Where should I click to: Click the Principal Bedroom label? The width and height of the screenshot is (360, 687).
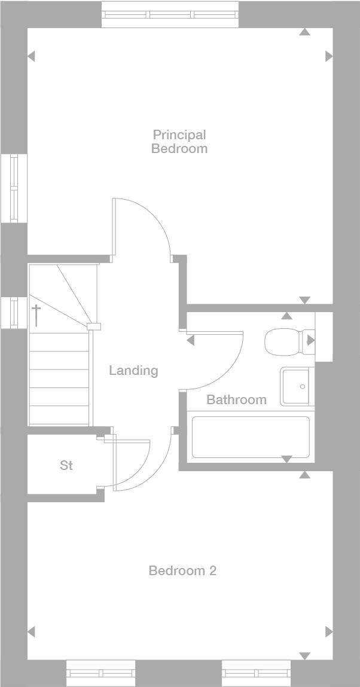[x=179, y=142]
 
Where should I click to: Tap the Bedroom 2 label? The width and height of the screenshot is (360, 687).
[x=182, y=571]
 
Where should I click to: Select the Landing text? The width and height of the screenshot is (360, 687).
[x=133, y=371]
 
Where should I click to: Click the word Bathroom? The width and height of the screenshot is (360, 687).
[x=236, y=400]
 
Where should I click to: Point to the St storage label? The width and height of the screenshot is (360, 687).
[x=66, y=465]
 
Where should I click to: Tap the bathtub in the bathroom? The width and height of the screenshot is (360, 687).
[x=251, y=437]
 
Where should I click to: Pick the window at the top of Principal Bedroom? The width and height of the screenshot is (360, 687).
[x=170, y=14]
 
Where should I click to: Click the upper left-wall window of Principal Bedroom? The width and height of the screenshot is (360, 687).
[x=14, y=188]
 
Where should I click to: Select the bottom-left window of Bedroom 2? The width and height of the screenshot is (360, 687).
[x=100, y=673]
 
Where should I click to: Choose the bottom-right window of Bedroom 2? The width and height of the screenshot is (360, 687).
[x=256, y=673]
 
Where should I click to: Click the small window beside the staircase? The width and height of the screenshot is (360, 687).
[x=14, y=312]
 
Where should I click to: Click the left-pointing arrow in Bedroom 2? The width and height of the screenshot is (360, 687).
[x=31, y=631]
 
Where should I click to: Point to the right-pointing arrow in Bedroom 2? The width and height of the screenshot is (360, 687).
[x=329, y=631]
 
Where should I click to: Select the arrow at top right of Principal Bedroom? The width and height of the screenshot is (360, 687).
[x=305, y=32]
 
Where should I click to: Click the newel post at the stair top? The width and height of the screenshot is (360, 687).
[x=93, y=326]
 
